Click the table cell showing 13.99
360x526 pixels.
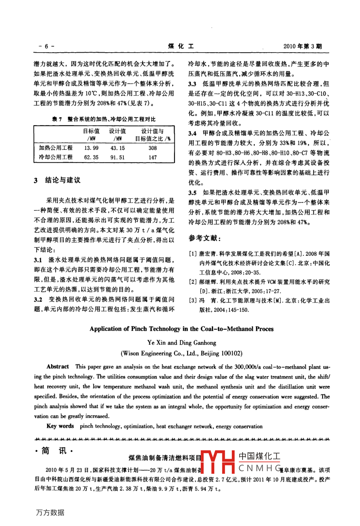click(x=91, y=148)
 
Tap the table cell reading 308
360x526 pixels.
click(x=153, y=148)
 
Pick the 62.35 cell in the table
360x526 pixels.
click(x=91, y=157)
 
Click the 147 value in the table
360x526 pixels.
click(x=153, y=157)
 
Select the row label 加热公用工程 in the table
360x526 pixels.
click(x=56, y=148)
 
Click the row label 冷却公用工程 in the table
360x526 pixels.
click(x=56, y=157)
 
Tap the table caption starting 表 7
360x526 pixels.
click(x=104, y=119)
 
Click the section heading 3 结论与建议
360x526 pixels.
click(x=57, y=180)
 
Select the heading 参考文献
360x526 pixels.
click(x=205, y=238)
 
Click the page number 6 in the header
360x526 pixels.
click(x=46, y=46)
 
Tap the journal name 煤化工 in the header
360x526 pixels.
click(x=181, y=46)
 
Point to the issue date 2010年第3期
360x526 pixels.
click(x=302, y=46)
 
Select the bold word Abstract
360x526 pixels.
click(x=58, y=366)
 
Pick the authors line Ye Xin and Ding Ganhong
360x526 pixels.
click(x=182, y=342)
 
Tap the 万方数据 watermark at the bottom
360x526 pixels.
click(x=50, y=512)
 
